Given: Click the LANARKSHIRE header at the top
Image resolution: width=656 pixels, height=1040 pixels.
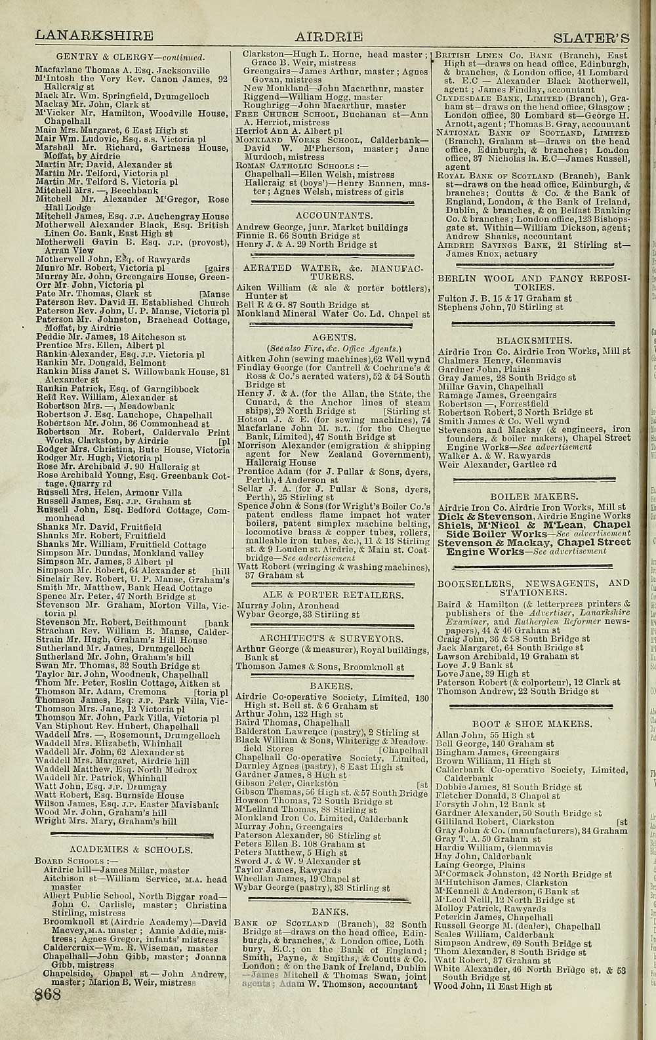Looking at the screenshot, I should click(x=94, y=35).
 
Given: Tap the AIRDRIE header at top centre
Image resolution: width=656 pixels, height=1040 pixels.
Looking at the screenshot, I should click(x=329, y=36).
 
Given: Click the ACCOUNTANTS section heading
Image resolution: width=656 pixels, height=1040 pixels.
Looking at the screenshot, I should click(x=335, y=215).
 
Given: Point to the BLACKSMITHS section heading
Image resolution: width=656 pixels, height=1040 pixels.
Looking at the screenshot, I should click(x=534, y=341).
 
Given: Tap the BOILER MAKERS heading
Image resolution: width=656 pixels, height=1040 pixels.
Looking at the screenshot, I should click(x=534, y=496).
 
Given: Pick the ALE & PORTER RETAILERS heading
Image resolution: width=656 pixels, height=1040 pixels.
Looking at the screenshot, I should click(x=332, y=595).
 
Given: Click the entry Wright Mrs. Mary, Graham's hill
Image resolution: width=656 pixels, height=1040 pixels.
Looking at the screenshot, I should click(x=106, y=820).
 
